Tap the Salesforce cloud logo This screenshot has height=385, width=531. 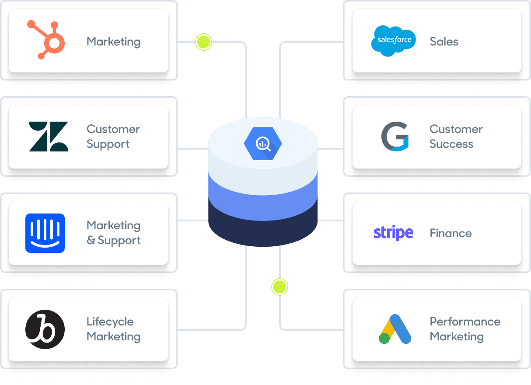394,41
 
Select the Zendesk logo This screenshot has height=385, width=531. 48,136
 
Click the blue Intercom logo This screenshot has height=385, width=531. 45,233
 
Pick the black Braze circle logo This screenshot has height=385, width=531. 45,329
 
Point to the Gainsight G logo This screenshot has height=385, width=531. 395,136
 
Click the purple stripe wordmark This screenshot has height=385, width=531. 393,233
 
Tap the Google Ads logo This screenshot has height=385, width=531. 395,329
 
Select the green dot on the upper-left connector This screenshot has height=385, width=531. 203,42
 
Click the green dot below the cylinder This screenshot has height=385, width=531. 279,287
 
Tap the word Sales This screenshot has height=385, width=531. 444,42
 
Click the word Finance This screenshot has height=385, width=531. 451,233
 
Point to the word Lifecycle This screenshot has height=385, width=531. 110,322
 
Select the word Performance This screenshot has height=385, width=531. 465,322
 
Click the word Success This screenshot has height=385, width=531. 451,144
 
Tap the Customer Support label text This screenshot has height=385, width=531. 113,136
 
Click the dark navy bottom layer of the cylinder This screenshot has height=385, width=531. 262,230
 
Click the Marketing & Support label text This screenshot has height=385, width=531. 113,233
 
